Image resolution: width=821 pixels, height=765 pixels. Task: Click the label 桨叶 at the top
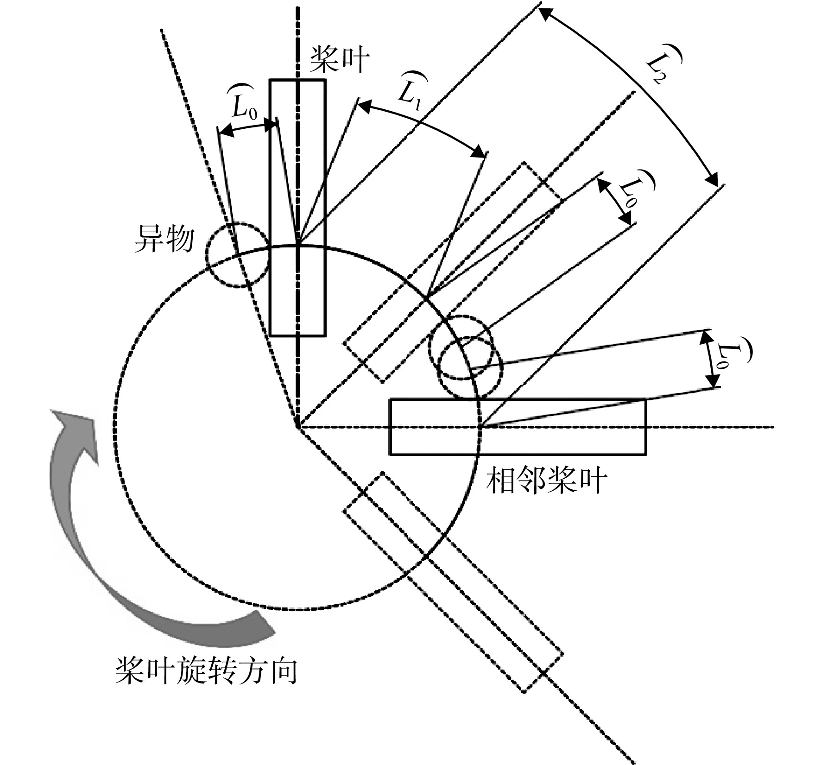340,60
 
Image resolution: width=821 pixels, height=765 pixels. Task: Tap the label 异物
164,240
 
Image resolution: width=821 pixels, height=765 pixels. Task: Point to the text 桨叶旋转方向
206,670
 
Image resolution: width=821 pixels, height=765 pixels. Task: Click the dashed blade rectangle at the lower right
453,583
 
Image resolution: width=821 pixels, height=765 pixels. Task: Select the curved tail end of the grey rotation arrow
264,628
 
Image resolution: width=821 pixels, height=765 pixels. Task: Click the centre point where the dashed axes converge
297,426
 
